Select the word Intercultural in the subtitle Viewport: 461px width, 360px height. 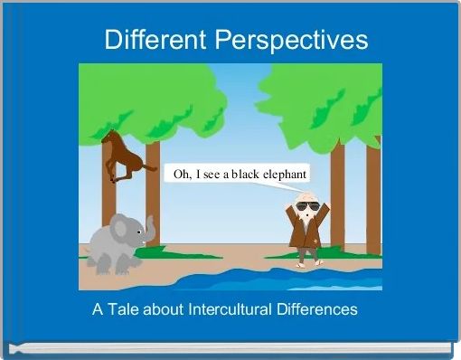click(x=231, y=309)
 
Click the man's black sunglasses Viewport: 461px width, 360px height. click(x=307, y=206)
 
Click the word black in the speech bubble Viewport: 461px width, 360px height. click(x=239, y=174)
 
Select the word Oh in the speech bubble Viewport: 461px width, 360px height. click(x=181, y=174)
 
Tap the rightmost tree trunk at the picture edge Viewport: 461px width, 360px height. click(x=373, y=199)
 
